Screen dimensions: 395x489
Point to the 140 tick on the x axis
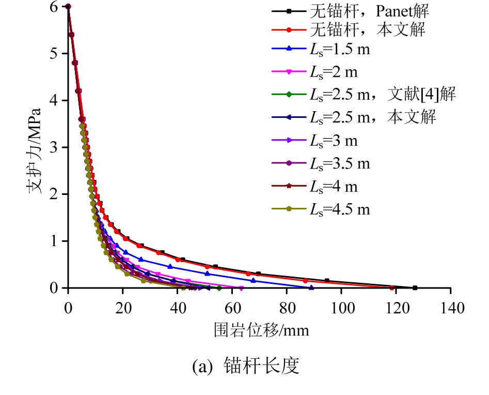click(x=451, y=307)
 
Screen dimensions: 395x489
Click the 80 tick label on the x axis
click(x=287, y=307)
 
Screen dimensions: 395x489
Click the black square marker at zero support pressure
click(x=415, y=287)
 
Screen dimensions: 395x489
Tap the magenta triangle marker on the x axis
click(x=241, y=288)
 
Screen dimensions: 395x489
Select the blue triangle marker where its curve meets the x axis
click(x=311, y=287)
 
